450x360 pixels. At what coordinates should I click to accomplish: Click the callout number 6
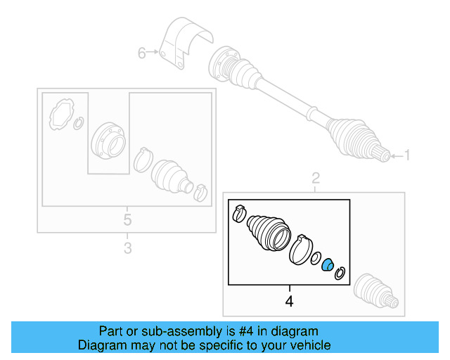(x=141, y=53)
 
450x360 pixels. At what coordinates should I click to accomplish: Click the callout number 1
(x=407, y=155)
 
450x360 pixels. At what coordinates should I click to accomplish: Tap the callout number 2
(x=316, y=179)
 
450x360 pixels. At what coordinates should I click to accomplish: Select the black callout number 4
(x=289, y=302)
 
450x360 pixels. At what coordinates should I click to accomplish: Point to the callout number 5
(x=127, y=220)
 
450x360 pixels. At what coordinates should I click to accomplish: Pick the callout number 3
(x=128, y=247)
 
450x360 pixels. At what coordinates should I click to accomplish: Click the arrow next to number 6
(x=152, y=51)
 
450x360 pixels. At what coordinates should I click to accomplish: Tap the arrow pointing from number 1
(x=397, y=156)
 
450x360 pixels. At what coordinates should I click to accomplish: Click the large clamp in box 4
(x=301, y=250)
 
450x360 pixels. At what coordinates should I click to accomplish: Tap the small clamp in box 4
(x=239, y=214)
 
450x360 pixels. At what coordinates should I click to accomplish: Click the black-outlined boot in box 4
(x=269, y=233)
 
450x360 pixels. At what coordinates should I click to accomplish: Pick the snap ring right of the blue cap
(x=340, y=273)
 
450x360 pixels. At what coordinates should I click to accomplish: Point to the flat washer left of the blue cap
(x=316, y=258)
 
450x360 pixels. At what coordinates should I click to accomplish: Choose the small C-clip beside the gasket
(x=78, y=124)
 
